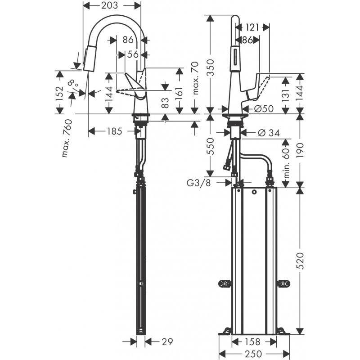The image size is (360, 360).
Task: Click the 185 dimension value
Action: click(x=114, y=131)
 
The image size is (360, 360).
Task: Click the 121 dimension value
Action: click(x=253, y=28)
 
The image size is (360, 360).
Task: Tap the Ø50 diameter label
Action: click(x=263, y=108)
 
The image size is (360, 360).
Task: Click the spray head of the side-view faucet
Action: click(x=89, y=59)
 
